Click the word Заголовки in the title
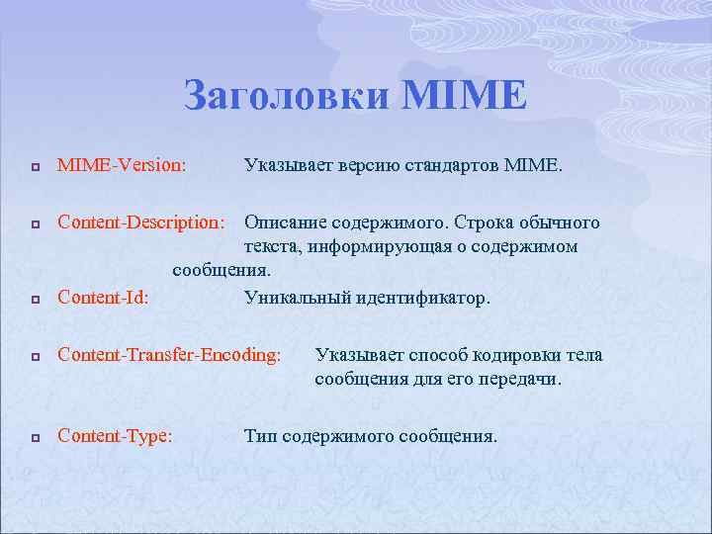pyautogui.click(x=287, y=96)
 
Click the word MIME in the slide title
pyautogui.click(x=464, y=96)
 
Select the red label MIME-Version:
pyautogui.click(x=122, y=168)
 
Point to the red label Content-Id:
pyautogui.click(x=104, y=298)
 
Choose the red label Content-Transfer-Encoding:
pyautogui.click(x=169, y=355)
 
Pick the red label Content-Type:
pyautogui.click(x=116, y=436)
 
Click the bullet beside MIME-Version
pyautogui.click(x=34, y=169)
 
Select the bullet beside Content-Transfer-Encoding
pyautogui.click(x=34, y=356)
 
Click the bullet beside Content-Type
pyautogui.click(x=34, y=437)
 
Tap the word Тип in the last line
pyautogui.click(x=260, y=436)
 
